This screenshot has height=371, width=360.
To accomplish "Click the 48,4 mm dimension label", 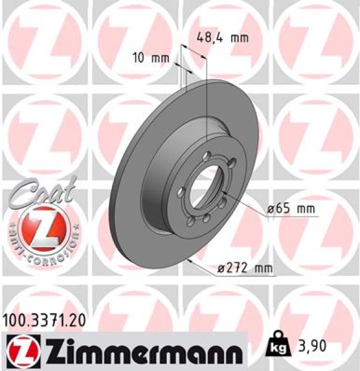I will (x=221, y=38).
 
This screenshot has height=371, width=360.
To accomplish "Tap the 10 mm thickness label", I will (x=151, y=59).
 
